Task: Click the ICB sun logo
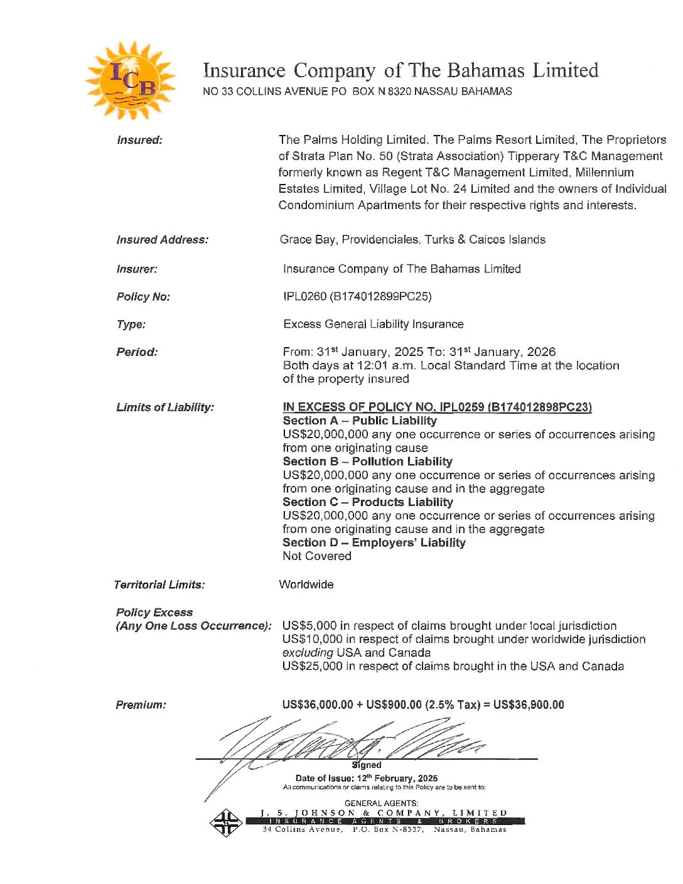pos(130,80)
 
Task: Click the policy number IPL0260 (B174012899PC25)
pos(357,296)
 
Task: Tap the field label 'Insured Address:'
pos(162,240)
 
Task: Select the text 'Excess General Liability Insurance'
pos(373,324)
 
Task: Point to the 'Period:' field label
pos(137,352)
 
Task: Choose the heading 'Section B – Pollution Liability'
pos(367,461)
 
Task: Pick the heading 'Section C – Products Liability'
pos(367,502)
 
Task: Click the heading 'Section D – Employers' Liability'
pos(374,543)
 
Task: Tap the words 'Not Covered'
pos(316,556)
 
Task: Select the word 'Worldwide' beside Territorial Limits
pos(306,585)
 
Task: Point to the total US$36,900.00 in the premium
pos(529,704)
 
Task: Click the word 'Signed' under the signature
pos(367,765)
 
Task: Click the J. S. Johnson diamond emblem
pos(226,822)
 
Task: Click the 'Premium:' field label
pos(141,705)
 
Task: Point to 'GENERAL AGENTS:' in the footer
pos(381,803)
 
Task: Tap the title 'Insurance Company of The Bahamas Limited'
pos(401,70)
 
